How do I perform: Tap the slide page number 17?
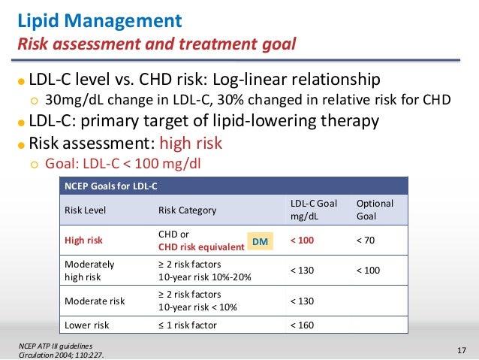(462, 349)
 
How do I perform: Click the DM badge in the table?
(260, 241)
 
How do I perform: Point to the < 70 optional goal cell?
(367, 241)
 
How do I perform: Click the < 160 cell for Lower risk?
(303, 325)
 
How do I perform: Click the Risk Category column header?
(187, 210)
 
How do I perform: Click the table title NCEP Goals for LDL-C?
(115, 185)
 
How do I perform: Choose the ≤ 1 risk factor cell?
(193, 325)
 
